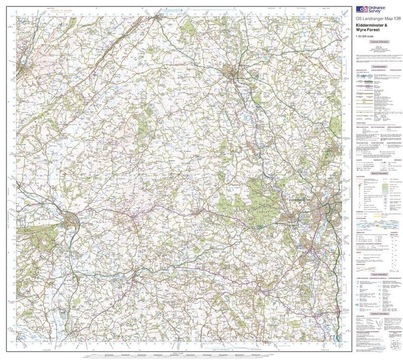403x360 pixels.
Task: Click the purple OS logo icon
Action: click(361, 9)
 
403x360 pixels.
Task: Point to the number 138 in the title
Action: click(395, 19)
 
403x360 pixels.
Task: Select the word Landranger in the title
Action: click(373, 19)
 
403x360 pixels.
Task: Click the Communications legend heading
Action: click(378, 66)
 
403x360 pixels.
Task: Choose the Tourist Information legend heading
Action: click(378, 274)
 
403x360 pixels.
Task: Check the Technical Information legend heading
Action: click(378, 313)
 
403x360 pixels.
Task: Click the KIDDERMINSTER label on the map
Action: click(301, 200)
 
